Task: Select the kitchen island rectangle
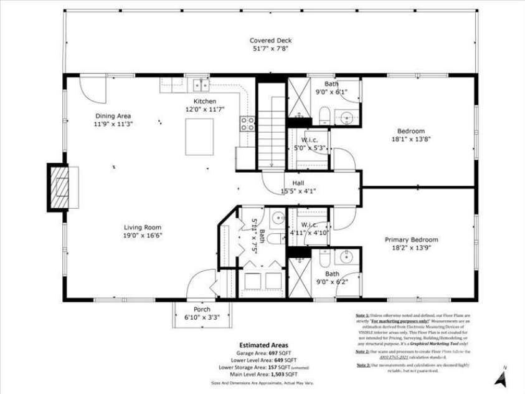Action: pyautogui.click(x=199, y=136)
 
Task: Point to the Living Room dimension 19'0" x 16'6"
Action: pyautogui.click(x=143, y=236)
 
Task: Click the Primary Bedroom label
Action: pyautogui.click(x=411, y=240)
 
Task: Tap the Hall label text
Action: pyautogui.click(x=298, y=183)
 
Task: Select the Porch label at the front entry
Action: pyautogui.click(x=202, y=309)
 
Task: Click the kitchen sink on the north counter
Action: pyautogui.click(x=200, y=84)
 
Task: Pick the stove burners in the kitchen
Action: pyautogui.click(x=248, y=123)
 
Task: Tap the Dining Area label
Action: pyautogui.click(x=113, y=116)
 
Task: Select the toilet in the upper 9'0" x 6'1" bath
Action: pyautogui.click(x=324, y=115)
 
